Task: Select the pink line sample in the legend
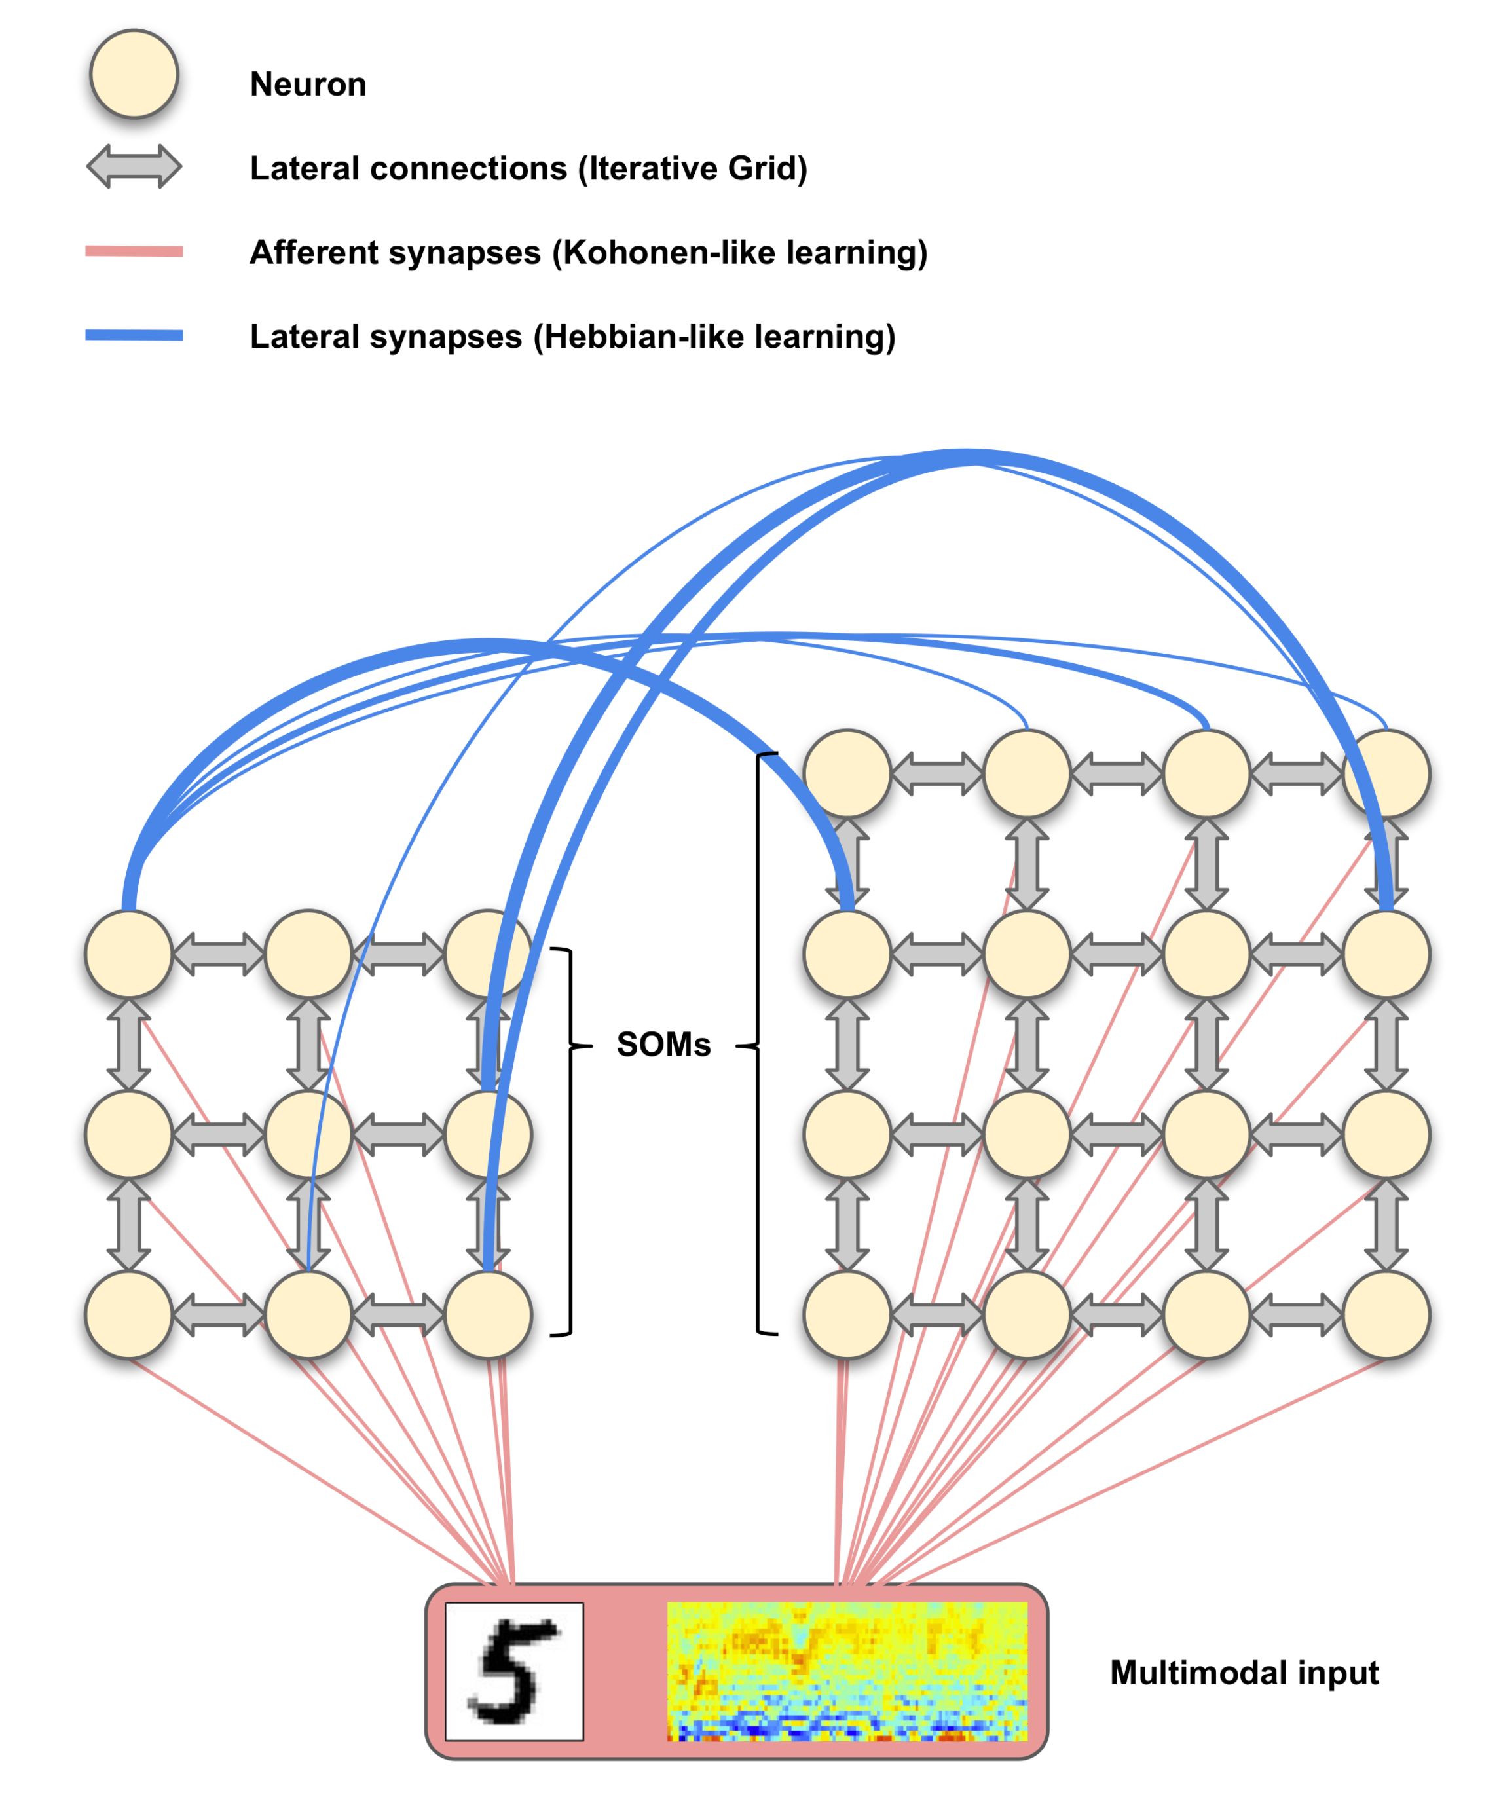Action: pos(134,251)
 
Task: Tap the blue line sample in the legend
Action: pos(134,335)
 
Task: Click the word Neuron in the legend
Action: pos(308,84)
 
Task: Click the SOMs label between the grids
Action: pos(663,1045)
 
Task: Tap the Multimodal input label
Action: pos(1244,1673)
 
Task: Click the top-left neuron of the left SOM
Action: pos(129,953)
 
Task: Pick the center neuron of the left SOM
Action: pos(308,1134)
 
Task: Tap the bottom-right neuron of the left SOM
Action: pos(488,1314)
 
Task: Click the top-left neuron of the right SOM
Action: pos(847,773)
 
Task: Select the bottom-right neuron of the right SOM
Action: pos(1386,1314)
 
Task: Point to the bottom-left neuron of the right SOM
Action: pos(847,1314)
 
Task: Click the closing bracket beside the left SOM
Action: pos(568,1141)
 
